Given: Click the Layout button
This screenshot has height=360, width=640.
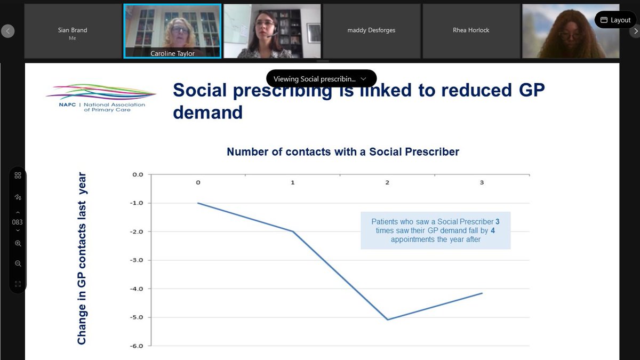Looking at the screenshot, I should click(615, 20).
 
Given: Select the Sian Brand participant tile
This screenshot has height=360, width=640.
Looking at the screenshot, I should click(73, 31).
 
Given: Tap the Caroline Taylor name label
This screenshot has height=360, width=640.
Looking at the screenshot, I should click(173, 54).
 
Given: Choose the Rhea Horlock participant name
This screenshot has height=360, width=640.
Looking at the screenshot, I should click(471, 30).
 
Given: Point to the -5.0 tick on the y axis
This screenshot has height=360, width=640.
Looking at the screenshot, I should click(137, 317).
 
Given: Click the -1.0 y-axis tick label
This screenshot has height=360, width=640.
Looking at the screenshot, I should click(137, 203).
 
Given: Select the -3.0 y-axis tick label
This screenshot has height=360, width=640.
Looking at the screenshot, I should click(137, 260).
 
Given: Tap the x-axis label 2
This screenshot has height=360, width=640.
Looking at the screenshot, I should click(387, 182).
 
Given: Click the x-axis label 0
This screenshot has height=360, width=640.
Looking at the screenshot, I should click(198, 182).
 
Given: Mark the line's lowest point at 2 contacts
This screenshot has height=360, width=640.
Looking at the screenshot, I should click(387, 319).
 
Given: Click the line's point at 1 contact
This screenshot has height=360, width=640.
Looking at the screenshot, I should click(293, 231).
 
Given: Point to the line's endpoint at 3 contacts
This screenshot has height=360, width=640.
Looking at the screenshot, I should click(482, 293).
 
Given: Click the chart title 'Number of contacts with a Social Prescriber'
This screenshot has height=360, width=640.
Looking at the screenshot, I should click(343, 151).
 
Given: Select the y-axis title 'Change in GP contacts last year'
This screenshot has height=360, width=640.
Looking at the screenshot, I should click(82, 258).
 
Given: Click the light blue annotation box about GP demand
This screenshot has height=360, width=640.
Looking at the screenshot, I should click(435, 230).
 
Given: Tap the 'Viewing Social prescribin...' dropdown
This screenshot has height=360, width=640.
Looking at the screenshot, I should click(321, 79).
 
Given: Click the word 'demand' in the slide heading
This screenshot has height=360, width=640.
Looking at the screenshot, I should click(208, 112).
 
